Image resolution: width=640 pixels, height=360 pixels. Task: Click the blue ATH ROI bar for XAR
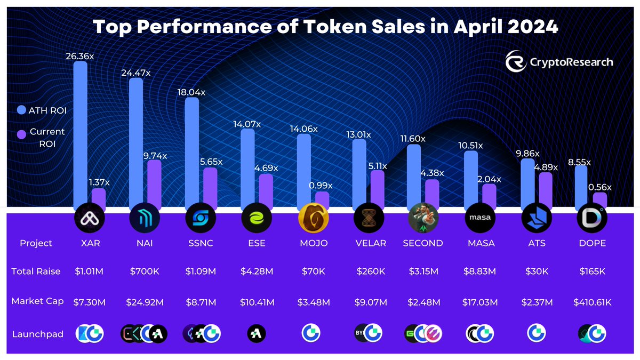pyautogui.click(x=80, y=133)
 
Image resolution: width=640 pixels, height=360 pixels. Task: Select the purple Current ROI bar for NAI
pyautogui.click(x=154, y=184)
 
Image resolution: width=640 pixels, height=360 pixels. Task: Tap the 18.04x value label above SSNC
pyautogui.click(x=191, y=92)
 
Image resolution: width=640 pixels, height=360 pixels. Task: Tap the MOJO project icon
pyautogui.click(x=313, y=218)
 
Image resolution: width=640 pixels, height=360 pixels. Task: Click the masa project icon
pyautogui.click(x=480, y=218)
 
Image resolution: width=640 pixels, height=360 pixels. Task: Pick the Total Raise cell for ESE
pyautogui.click(x=257, y=271)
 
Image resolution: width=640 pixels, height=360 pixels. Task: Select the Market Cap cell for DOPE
pyautogui.click(x=592, y=302)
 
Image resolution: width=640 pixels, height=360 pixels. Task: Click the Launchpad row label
pyautogui.click(x=37, y=334)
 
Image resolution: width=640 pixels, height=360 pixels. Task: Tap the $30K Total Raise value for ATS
pyautogui.click(x=536, y=271)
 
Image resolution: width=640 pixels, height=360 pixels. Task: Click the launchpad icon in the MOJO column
pyautogui.click(x=313, y=333)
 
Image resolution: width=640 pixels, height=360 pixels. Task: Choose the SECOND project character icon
pyautogui.click(x=423, y=218)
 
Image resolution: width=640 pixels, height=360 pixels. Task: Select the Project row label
pyautogui.click(x=36, y=243)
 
